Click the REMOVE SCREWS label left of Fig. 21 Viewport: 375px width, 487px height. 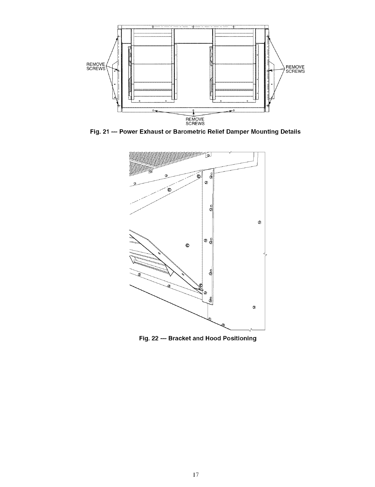pyautogui.click(x=96, y=67)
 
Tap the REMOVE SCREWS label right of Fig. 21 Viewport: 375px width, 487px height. pyautogui.click(x=295, y=69)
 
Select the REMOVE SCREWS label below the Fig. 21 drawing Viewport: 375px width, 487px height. pyautogui.click(x=195, y=121)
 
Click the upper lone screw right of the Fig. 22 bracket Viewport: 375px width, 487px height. pyautogui.click(x=259, y=222)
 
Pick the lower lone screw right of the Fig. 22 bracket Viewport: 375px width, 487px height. pyautogui.click(x=254, y=307)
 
